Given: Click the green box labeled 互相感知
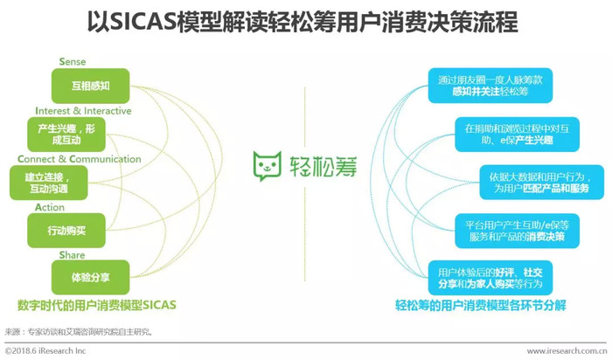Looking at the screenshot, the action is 91,86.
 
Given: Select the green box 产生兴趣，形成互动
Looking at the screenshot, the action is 66,135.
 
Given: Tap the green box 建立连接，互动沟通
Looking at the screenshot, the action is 49,183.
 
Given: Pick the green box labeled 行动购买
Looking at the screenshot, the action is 66,231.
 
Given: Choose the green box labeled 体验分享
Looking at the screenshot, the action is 91,277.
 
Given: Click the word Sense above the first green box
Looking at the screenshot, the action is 73,62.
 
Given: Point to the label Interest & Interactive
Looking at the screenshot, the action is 83,111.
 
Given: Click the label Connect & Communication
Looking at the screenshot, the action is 80,159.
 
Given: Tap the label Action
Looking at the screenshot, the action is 50,207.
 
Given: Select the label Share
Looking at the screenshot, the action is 73,255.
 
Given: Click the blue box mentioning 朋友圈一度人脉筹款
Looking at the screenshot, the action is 490,86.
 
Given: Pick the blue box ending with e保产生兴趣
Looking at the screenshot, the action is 518,135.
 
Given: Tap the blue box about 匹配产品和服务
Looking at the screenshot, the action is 542,183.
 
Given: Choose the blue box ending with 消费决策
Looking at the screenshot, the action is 518,231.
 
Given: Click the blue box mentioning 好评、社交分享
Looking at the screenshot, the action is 490,278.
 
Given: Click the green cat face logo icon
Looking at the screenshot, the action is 268,166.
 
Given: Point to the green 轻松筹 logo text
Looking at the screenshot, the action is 323,167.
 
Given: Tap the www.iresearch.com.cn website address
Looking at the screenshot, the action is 567,351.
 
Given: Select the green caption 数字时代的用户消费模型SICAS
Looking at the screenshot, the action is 97,305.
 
